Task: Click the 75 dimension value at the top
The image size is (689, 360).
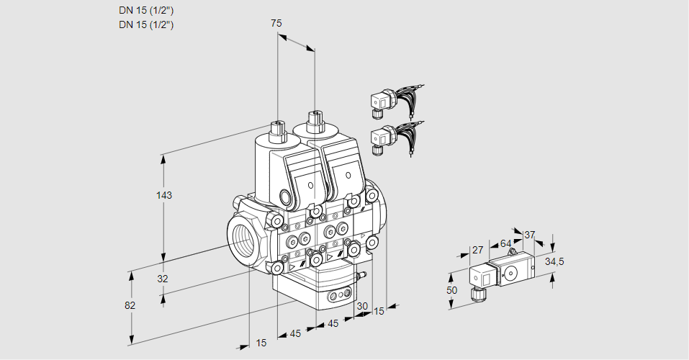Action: point(276,23)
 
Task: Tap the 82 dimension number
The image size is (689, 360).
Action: point(130,305)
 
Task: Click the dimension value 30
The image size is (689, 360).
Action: point(361,306)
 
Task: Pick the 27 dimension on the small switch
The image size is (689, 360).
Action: point(477,250)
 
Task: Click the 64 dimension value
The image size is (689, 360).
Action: point(505,243)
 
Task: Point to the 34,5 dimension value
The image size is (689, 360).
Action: point(554,261)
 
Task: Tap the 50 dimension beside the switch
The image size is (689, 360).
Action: point(451,290)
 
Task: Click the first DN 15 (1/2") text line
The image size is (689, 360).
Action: point(146,10)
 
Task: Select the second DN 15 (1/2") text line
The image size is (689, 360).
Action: point(146,24)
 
